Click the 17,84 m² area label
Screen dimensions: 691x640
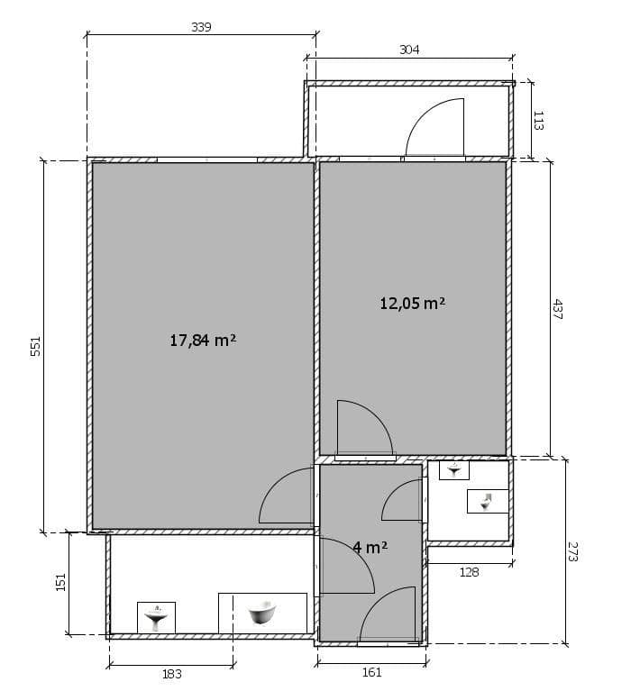click(203, 340)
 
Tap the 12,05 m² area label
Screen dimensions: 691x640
click(413, 303)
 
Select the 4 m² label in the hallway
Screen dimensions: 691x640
click(370, 547)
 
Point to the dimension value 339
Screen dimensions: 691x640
click(201, 27)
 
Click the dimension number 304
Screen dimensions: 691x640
click(409, 50)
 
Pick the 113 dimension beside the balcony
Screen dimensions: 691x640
click(538, 120)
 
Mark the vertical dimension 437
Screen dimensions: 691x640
click(557, 310)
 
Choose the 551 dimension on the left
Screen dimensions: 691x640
click(36, 346)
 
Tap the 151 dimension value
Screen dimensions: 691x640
click(61, 583)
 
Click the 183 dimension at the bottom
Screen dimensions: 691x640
click(171, 674)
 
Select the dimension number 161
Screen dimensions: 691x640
click(371, 672)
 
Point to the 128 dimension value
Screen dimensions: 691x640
click(469, 571)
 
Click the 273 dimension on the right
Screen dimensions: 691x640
click(572, 551)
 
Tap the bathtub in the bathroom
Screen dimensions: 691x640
click(262, 614)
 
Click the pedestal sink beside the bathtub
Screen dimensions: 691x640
click(157, 616)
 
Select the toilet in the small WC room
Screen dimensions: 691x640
click(487, 501)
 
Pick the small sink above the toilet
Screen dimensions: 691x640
click(454, 470)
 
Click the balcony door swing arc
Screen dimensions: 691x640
click(435, 128)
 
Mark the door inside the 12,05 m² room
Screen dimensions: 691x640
click(363, 427)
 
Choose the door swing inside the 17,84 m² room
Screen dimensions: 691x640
click(287, 497)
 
